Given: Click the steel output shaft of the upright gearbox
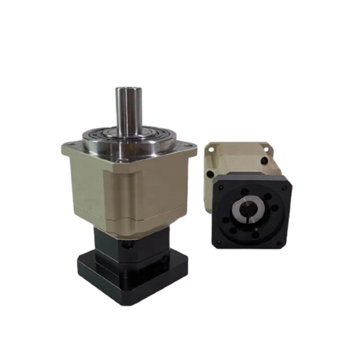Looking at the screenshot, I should point(128,110).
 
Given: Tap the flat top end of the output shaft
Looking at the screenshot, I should point(128,88).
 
